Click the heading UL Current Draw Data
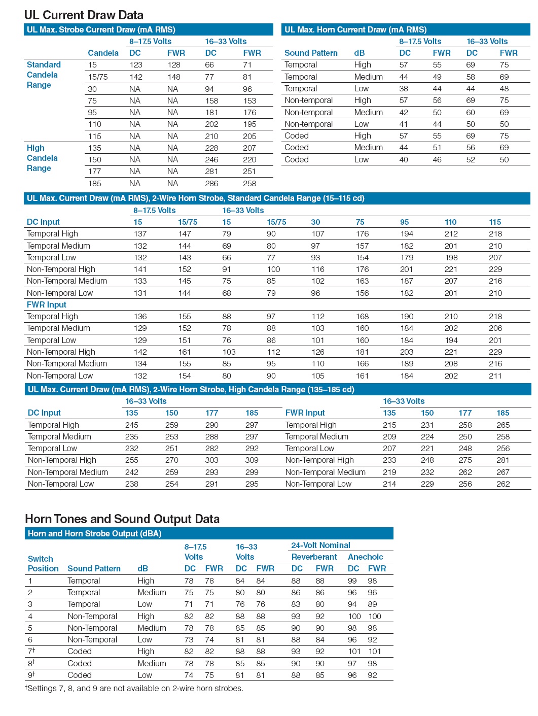pyautogui.click(x=84, y=15)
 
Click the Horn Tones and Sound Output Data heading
pyautogui.click(x=122, y=519)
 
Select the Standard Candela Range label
pyautogui.click(x=44, y=75)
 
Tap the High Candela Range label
pyautogui.click(x=42, y=158)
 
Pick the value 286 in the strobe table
pyautogui.click(x=211, y=183)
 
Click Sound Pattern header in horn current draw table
pyautogui.click(x=311, y=53)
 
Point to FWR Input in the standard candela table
pyautogui.click(x=47, y=304)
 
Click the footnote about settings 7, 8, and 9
pyautogui.click(x=134, y=688)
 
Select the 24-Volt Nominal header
pyautogui.click(x=320, y=545)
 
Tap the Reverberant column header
pyautogui.click(x=314, y=557)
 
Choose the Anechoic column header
pyautogui.click(x=366, y=557)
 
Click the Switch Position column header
pyautogui.click(x=43, y=563)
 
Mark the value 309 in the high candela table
pyautogui.click(x=252, y=460)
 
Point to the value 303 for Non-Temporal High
pyautogui.click(x=211, y=460)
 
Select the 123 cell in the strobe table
pyautogui.click(x=136, y=65)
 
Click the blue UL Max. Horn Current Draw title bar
pyautogui.click(x=406, y=29)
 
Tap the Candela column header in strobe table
pyautogui.click(x=103, y=53)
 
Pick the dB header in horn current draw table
pyautogui.click(x=360, y=53)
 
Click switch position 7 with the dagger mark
pyautogui.click(x=31, y=651)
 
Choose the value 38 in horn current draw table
pyautogui.click(x=404, y=88)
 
